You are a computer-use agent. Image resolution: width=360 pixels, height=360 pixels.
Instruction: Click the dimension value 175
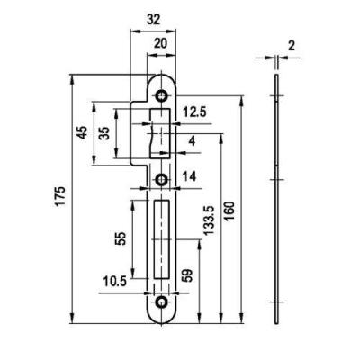[61, 196]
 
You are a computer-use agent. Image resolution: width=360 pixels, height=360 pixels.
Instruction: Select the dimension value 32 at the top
[154, 20]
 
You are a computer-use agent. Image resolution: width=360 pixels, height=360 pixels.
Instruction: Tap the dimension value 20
[160, 44]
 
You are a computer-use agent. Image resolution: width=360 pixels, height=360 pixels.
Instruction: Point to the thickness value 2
[292, 46]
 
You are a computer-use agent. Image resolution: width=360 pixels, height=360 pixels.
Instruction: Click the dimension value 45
[82, 132]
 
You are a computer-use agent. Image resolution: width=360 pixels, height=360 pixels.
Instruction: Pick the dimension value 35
[104, 133]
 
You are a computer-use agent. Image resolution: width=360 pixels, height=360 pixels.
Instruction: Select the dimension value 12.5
[194, 112]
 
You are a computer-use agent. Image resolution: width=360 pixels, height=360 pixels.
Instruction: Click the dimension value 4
[193, 141]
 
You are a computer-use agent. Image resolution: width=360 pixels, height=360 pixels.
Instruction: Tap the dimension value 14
[190, 176]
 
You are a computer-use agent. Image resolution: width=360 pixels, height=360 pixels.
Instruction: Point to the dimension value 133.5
[209, 220]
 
